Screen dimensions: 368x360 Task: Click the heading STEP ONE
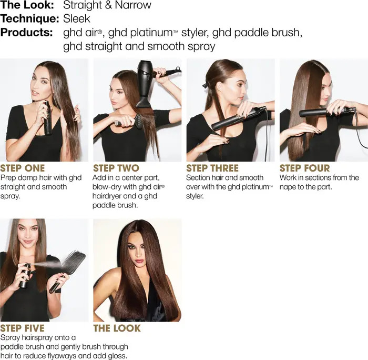click(x=22, y=168)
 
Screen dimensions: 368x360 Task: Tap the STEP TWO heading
click(x=116, y=168)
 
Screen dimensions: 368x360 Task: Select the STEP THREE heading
click(x=212, y=168)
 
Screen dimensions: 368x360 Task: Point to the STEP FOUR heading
click(x=304, y=168)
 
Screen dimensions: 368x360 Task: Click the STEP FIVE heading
click(x=22, y=328)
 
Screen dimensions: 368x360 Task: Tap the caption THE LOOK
click(x=117, y=328)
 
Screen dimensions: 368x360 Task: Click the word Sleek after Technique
click(x=77, y=19)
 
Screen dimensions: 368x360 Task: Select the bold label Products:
click(x=26, y=33)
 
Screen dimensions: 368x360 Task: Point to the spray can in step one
click(x=48, y=118)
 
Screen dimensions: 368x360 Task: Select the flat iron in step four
click(x=326, y=112)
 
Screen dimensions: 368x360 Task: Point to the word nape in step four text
click(x=288, y=187)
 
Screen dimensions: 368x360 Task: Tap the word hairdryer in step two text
click(x=107, y=196)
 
